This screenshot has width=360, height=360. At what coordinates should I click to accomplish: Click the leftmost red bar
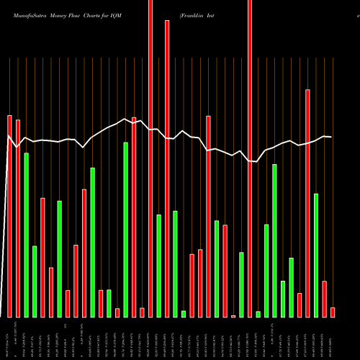10,216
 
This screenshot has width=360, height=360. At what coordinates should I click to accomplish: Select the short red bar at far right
333,312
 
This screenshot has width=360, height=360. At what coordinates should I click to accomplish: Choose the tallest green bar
126,230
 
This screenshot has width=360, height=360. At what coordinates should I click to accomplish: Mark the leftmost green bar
27,235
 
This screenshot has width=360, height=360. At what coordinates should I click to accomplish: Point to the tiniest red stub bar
233,316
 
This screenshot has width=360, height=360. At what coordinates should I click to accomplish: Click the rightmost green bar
316,255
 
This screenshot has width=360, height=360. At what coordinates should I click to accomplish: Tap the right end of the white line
331,137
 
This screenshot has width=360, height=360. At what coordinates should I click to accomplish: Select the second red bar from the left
18,218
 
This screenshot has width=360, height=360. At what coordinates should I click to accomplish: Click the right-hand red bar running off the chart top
250,158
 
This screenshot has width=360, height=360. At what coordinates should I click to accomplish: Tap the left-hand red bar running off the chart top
150,158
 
